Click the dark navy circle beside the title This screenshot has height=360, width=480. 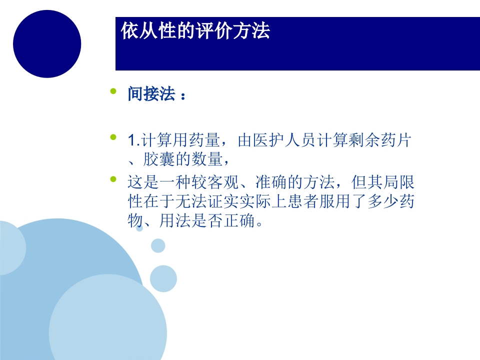[x=47, y=44]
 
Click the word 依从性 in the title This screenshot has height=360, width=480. [x=145, y=31]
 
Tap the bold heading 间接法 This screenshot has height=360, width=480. [x=151, y=94]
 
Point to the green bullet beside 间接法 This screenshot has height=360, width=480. [x=113, y=91]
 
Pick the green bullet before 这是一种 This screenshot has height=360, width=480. [x=113, y=178]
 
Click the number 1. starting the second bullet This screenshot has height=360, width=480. [x=132, y=141]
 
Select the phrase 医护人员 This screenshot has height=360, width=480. [x=284, y=141]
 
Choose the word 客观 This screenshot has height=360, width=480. [x=220, y=182]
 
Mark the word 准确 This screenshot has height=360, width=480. [x=269, y=182]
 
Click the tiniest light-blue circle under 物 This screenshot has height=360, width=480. [x=139, y=228]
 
